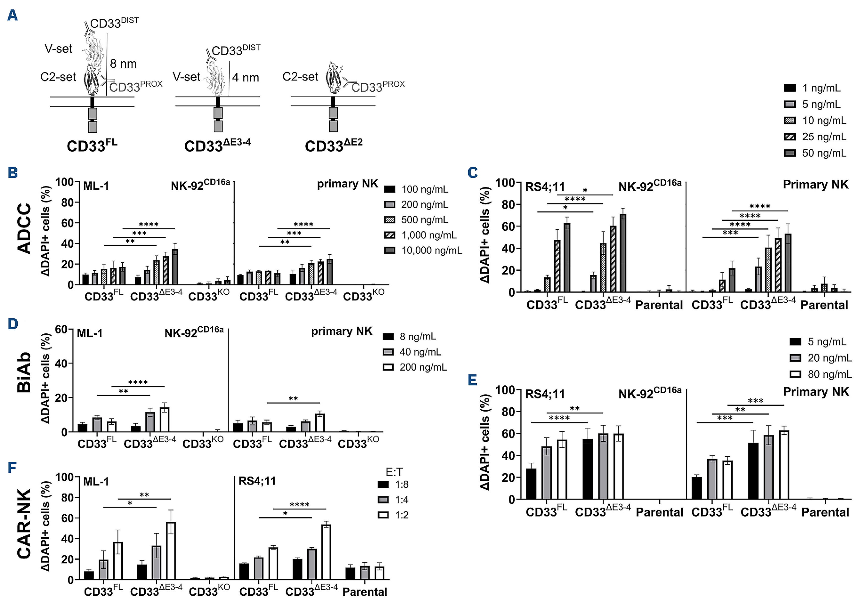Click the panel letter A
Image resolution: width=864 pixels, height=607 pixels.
(12, 15)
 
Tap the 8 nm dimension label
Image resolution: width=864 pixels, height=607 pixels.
(123, 64)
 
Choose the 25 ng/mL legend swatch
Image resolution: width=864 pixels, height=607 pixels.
(790, 137)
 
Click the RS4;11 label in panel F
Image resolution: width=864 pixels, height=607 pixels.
(257, 481)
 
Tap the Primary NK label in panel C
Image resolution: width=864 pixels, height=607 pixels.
(816, 184)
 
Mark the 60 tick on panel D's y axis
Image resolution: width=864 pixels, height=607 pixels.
(61, 329)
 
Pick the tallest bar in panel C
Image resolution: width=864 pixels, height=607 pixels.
(623, 253)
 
